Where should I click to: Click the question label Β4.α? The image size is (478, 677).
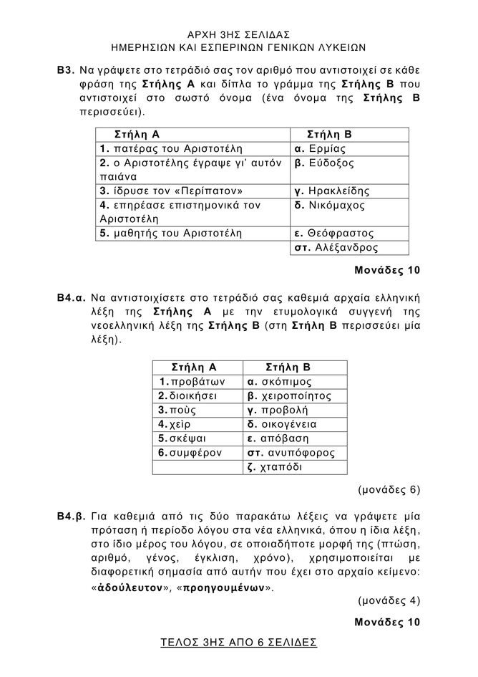pyautogui.click(x=72, y=297)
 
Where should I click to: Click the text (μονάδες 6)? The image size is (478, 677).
pyautogui.click(x=389, y=491)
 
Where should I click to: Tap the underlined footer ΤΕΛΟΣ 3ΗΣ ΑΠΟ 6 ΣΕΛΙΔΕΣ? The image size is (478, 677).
pyautogui.click(x=239, y=643)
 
